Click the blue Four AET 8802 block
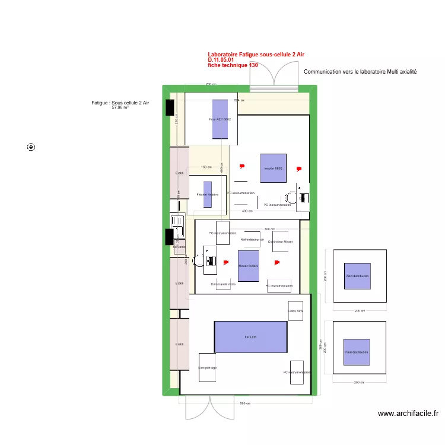pos(220,119)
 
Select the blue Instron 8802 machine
pos(273,169)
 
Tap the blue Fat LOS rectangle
pos(250,336)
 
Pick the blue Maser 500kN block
pos(249,265)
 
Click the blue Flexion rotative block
pos(208,194)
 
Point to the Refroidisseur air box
pos(252,239)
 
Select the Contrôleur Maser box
pos(280,241)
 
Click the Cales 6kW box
pos(295,311)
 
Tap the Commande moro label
pos(223,284)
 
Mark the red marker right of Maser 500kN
pos(276,262)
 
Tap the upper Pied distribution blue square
pos(357,276)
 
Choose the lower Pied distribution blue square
pos(357,352)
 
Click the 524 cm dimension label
pos(239,100)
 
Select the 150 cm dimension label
pos(206,167)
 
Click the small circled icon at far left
pos(31,147)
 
